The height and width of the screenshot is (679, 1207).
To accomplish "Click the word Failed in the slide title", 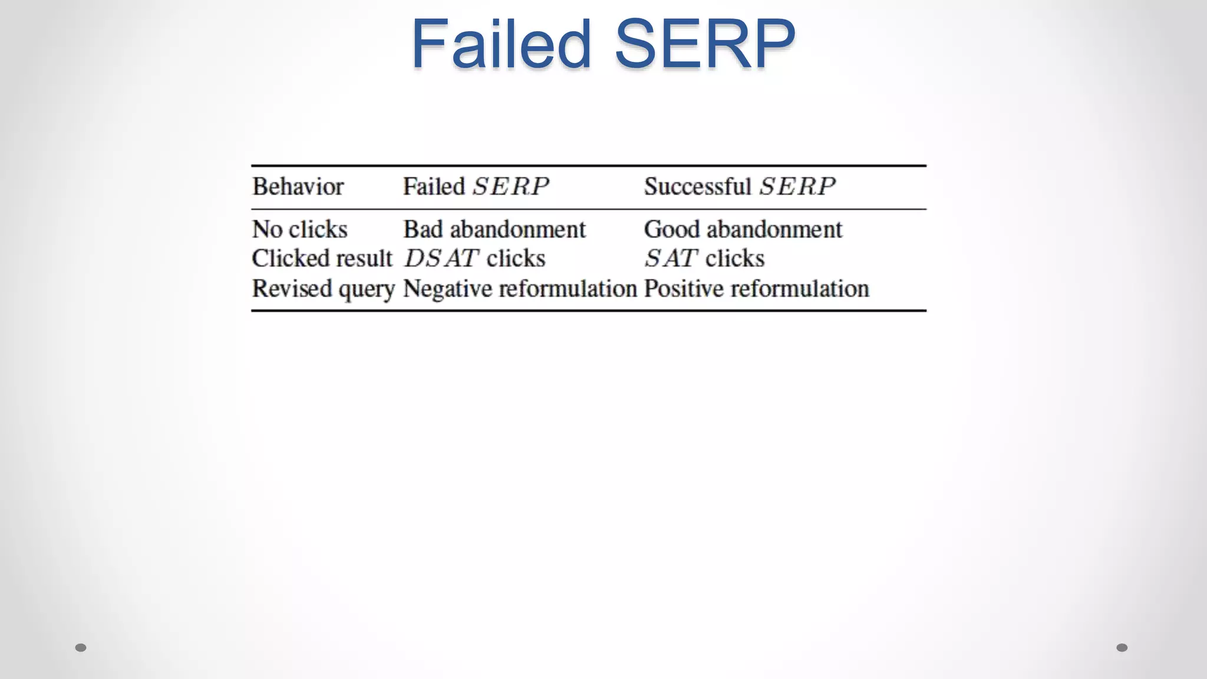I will (500, 45).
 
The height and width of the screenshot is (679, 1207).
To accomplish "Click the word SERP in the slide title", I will (705, 45).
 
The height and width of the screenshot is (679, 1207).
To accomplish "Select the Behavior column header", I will (298, 187).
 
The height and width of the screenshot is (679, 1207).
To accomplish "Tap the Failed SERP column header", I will (476, 187).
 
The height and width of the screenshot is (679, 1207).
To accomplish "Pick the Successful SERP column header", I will (739, 187).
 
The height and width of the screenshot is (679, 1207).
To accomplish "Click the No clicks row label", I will (299, 229).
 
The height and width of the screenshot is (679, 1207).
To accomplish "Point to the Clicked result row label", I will (322, 258).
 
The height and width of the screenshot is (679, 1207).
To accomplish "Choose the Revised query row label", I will (323, 289).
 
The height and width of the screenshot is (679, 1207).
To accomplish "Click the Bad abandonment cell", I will (494, 229).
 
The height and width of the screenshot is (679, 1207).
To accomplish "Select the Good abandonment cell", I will (743, 229).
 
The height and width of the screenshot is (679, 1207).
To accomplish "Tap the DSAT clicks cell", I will (474, 258).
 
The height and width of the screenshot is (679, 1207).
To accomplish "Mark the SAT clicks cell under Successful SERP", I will (704, 258).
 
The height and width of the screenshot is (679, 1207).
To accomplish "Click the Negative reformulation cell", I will (520, 289).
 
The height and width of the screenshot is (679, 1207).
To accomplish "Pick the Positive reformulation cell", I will (756, 289).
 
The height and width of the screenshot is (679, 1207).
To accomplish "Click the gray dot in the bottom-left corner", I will (81, 648).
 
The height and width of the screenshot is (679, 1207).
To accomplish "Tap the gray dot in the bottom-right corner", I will (1122, 648).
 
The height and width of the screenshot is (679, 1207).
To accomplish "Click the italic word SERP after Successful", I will (797, 187).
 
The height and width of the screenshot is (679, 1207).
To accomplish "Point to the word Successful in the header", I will (697, 187).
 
